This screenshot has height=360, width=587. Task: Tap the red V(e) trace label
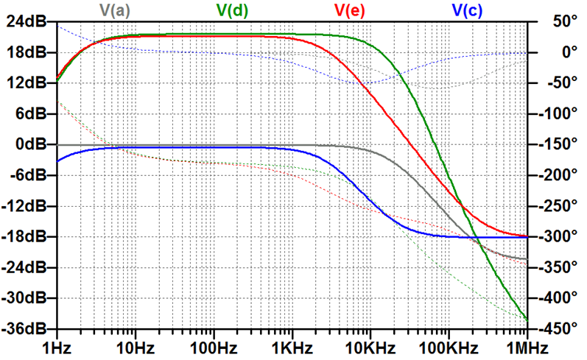(x=350, y=10)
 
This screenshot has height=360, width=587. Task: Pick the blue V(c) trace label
(x=468, y=10)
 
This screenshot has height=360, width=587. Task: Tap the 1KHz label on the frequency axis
(x=292, y=347)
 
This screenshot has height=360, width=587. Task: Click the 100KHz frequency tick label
(x=449, y=347)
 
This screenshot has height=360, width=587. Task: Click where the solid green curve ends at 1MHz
(x=527, y=319)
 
